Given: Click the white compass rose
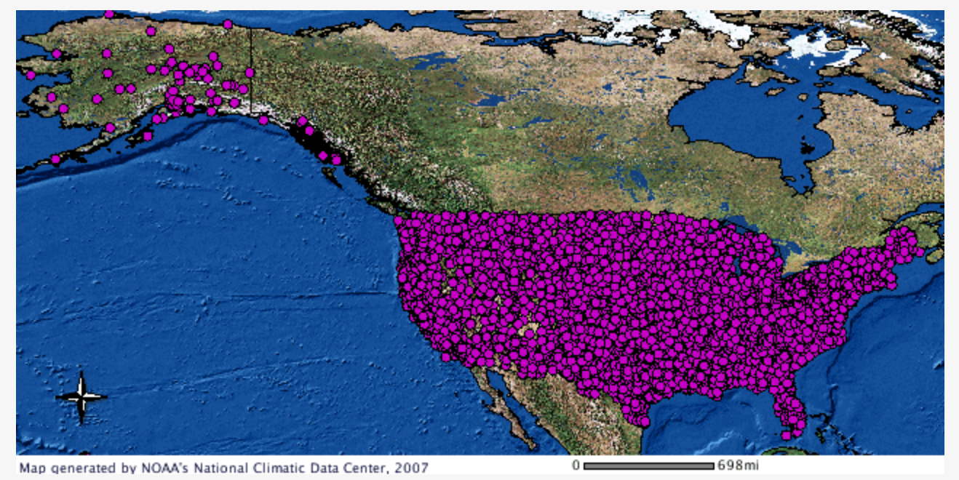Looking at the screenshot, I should pyautogui.click(x=81, y=397).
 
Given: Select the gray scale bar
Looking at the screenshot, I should pyautogui.click(x=648, y=465).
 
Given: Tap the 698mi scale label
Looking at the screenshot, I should pyautogui.click(x=738, y=465).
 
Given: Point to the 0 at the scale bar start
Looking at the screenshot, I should pyautogui.click(x=576, y=465).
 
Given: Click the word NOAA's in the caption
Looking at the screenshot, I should pyautogui.click(x=162, y=467).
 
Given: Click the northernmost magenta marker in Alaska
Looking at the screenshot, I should pyautogui.click(x=109, y=14).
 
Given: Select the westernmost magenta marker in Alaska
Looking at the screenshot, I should pyautogui.click(x=31, y=75).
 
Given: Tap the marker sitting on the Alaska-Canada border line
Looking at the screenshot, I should pyautogui.click(x=250, y=73).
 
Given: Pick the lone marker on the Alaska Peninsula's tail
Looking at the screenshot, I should pyautogui.click(x=55, y=159).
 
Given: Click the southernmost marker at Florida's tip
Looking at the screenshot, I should pyautogui.click(x=786, y=435).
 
